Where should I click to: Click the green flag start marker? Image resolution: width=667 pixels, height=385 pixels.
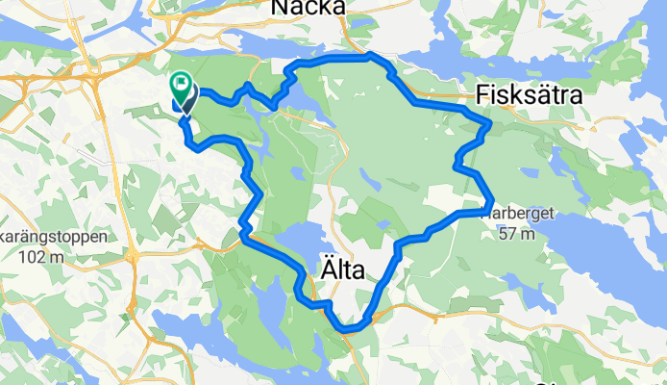(x=181, y=88)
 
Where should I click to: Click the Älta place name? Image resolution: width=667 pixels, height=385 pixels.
(x=340, y=272)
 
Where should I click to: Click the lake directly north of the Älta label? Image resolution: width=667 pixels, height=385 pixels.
(x=306, y=241)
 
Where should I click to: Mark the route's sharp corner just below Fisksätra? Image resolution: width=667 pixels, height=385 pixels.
(x=490, y=124)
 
